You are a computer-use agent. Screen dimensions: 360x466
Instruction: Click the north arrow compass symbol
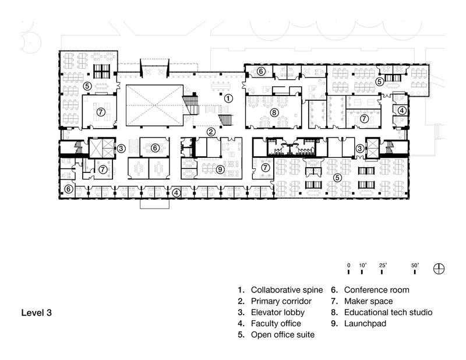(x=440, y=269)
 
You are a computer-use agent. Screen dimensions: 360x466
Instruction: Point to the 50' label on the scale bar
(x=416, y=264)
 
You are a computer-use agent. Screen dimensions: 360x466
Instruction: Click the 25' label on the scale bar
(x=383, y=264)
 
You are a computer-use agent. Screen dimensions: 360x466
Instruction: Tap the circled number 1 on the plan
(x=228, y=98)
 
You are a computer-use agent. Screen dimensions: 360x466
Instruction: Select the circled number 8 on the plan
(x=273, y=112)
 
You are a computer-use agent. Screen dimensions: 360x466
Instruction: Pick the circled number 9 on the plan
(x=220, y=169)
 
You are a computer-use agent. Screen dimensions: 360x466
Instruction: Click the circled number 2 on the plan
(x=213, y=132)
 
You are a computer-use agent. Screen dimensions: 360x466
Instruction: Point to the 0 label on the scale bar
(x=348, y=264)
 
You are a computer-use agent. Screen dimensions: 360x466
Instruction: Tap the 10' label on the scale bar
(x=362, y=264)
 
